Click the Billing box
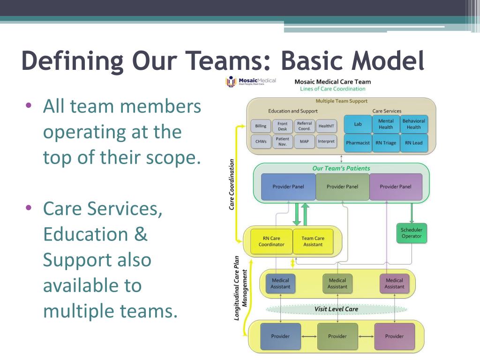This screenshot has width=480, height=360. click(261, 126)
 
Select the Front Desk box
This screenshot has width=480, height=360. click(282, 126)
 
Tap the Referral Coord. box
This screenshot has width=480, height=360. click(304, 126)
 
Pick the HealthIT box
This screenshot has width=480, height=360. click(326, 126)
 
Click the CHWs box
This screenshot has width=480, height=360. click(261, 142)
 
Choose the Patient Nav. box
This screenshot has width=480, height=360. click(282, 142)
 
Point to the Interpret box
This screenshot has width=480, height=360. click(326, 142)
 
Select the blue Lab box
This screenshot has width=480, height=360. click(358, 124)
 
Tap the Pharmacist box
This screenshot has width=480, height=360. click(358, 143)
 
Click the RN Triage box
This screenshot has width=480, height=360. click(386, 143)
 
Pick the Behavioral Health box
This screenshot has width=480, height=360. click(413, 124)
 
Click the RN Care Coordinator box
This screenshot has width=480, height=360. click(271, 241)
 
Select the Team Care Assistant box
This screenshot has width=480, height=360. click(313, 241)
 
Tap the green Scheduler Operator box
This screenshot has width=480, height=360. click(412, 233)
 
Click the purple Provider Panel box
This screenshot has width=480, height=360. click(396, 187)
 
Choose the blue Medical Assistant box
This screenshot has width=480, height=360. click(280, 284)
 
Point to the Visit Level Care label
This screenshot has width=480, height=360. click(336, 309)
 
